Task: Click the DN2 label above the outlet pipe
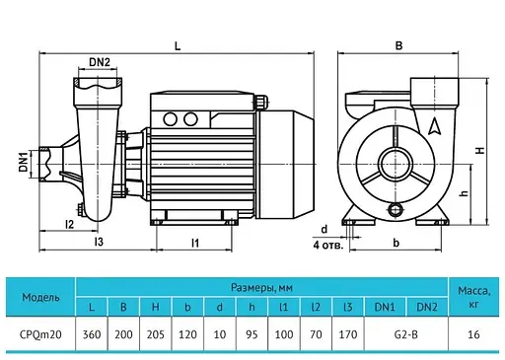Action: tap(100, 62)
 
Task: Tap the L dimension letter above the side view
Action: tap(178, 46)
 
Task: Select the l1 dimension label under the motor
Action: tap(195, 243)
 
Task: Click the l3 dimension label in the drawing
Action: tap(99, 242)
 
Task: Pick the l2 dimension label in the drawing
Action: tap(70, 224)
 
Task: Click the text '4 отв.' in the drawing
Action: tap(328, 246)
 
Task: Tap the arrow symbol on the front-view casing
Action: tap(434, 126)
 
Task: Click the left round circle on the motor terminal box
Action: tap(170, 119)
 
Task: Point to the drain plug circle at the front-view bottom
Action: tap(395, 209)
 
